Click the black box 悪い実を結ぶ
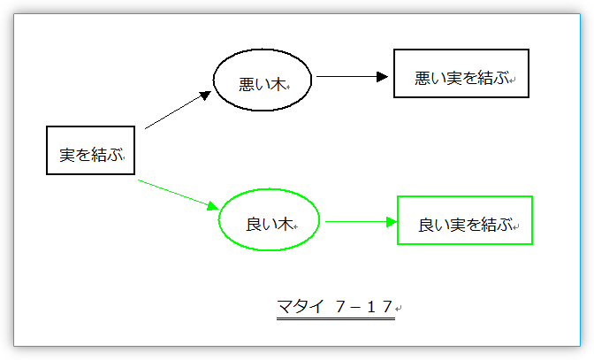click(461, 73)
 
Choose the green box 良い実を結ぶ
click(465, 220)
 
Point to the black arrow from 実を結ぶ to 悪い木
click(177, 111)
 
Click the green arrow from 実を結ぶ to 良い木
click(177, 193)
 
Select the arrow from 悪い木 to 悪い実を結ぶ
click(352, 77)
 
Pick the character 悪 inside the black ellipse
click(247, 85)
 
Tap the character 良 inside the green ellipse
click(254, 225)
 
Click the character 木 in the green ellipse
click(284, 225)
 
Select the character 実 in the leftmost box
click(67, 155)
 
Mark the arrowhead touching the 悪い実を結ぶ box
click(383, 77)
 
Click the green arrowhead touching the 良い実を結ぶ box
click(392, 221)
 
